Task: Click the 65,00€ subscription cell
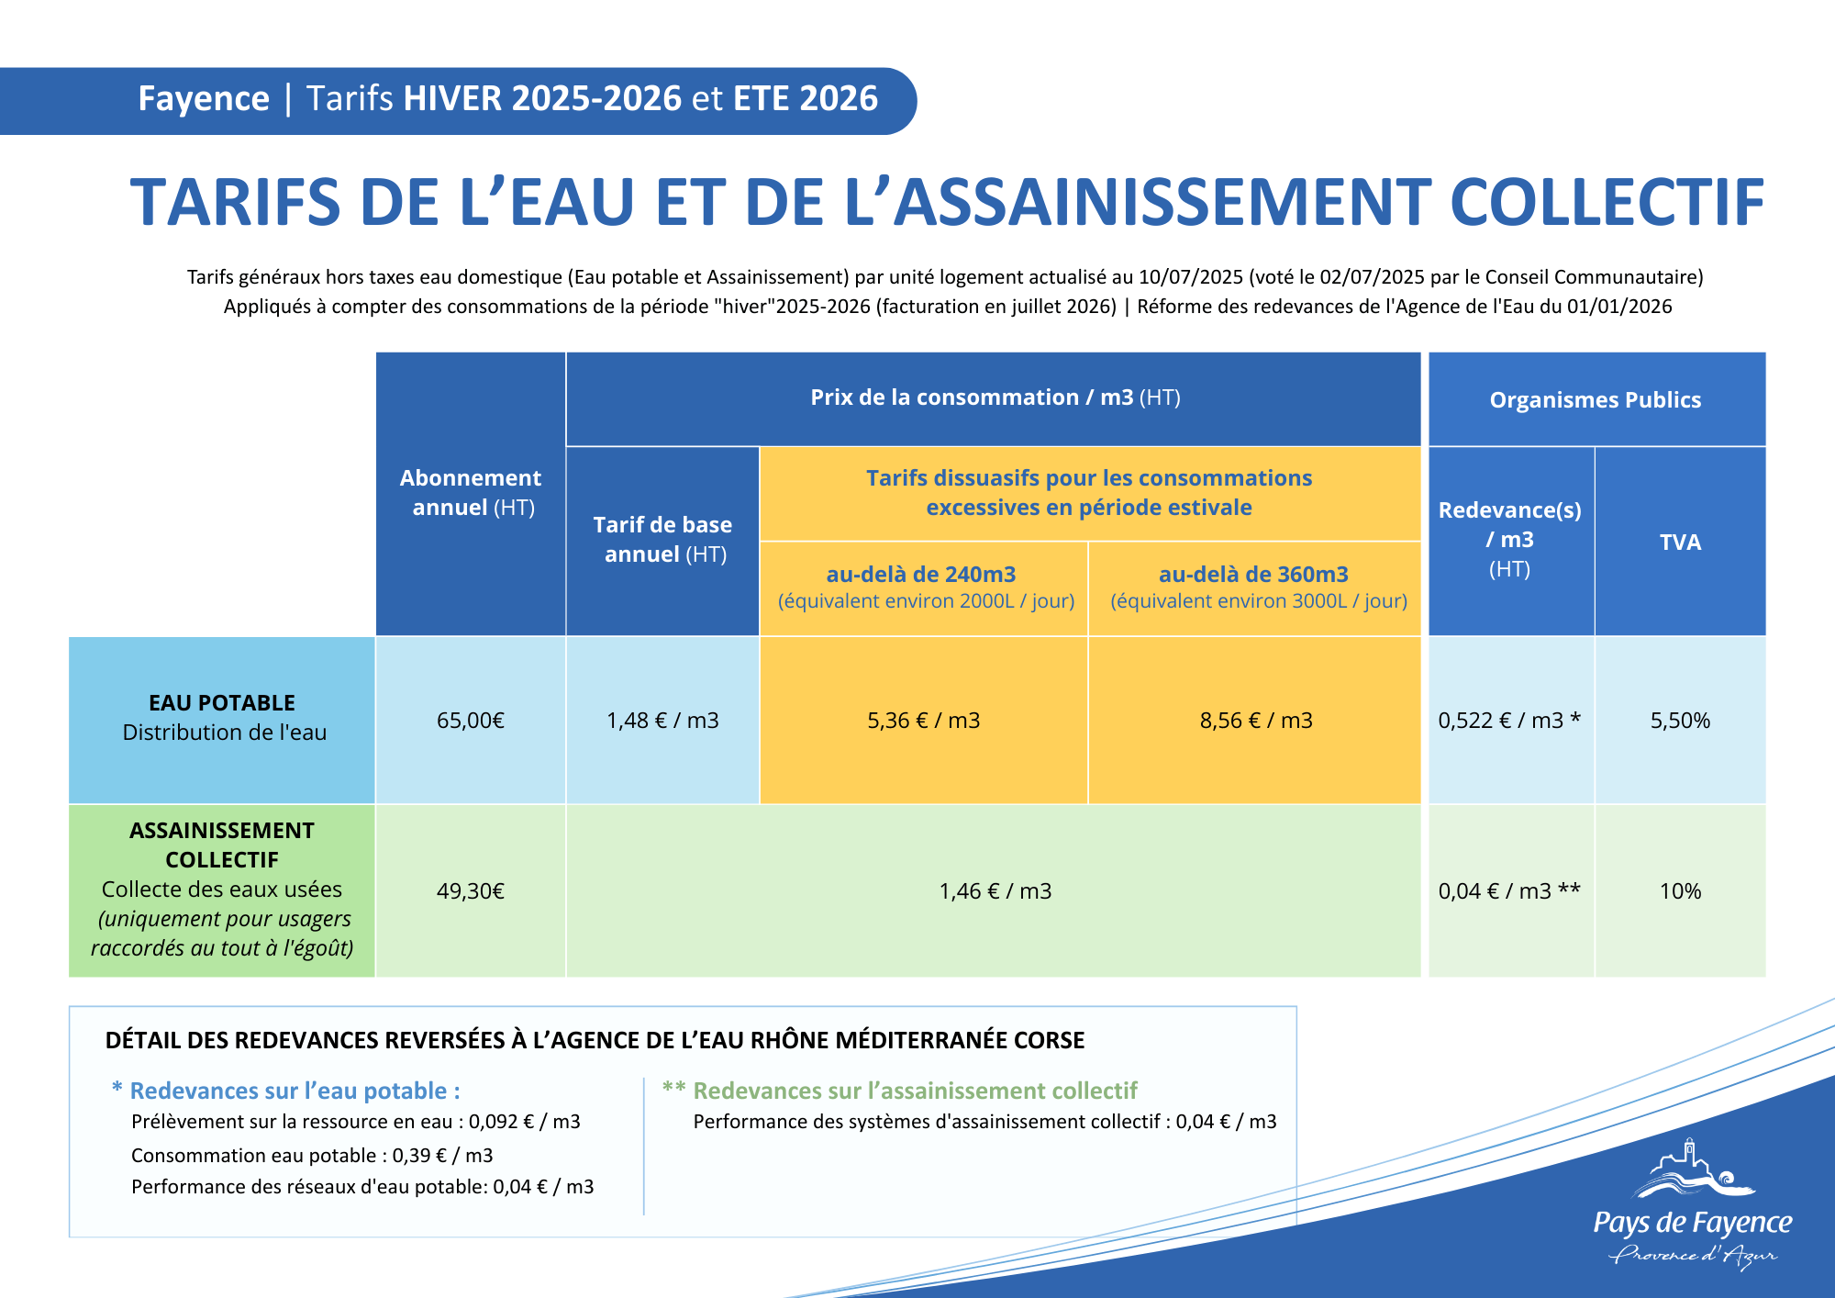pos(471,721)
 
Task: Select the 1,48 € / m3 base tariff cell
pos(662,721)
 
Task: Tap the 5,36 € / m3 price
pos(924,721)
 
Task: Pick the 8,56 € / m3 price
pos(1256,721)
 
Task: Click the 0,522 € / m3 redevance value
pos(1509,721)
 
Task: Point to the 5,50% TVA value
pos(1680,721)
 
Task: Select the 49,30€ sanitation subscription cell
pos(471,891)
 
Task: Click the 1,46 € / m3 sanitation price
pos(995,891)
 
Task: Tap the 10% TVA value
pos(1680,891)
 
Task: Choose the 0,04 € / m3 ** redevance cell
pos(1509,891)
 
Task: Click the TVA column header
pos(1680,543)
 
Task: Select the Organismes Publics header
pos(1596,400)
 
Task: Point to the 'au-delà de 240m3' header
pos(921,575)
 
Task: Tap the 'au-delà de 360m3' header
pos(1253,575)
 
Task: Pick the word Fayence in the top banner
pos(204,99)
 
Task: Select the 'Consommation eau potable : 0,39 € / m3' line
pos(312,1156)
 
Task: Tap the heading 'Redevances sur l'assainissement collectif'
pos(915,1091)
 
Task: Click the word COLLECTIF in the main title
pos(1607,203)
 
